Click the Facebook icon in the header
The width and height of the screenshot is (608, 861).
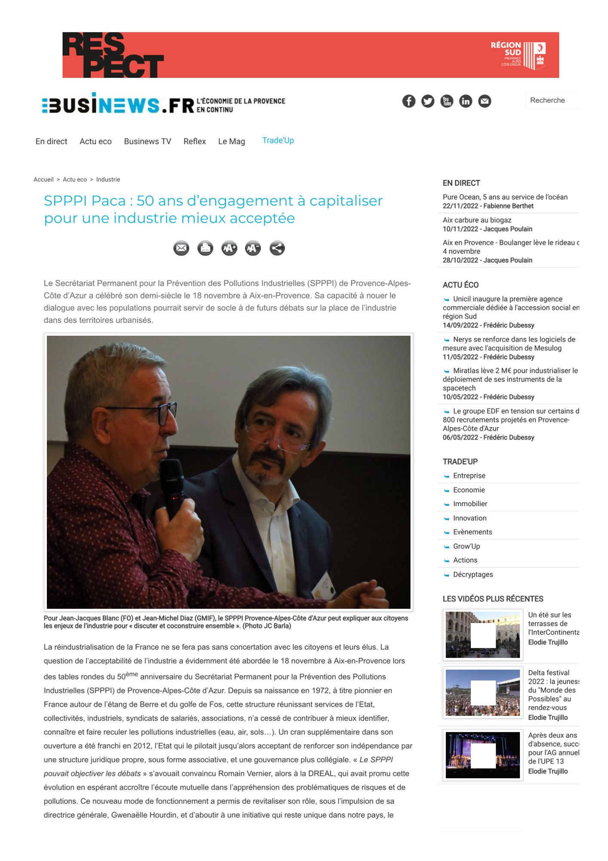(x=408, y=101)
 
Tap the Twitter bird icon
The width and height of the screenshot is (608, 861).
(x=427, y=101)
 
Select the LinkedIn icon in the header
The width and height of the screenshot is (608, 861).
(x=466, y=101)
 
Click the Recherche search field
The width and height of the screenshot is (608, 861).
(x=552, y=100)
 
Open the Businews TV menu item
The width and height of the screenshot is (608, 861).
(x=147, y=142)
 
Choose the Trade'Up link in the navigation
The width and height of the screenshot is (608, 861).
(x=278, y=141)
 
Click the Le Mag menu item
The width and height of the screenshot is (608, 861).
(x=231, y=142)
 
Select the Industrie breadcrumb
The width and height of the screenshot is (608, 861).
(x=108, y=180)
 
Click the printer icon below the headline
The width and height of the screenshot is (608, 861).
(x=205, y=248)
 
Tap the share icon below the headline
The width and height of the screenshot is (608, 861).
(x=277, y=248)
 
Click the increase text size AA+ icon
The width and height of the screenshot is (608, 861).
(x=229, y=248)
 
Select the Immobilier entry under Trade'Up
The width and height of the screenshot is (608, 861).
(x=470, y=504)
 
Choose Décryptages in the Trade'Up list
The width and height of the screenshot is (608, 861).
(x=473, y=575)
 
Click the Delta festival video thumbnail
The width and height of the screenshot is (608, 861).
(x=482, y=693)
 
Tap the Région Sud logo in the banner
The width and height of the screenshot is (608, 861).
(x=518, y=55)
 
